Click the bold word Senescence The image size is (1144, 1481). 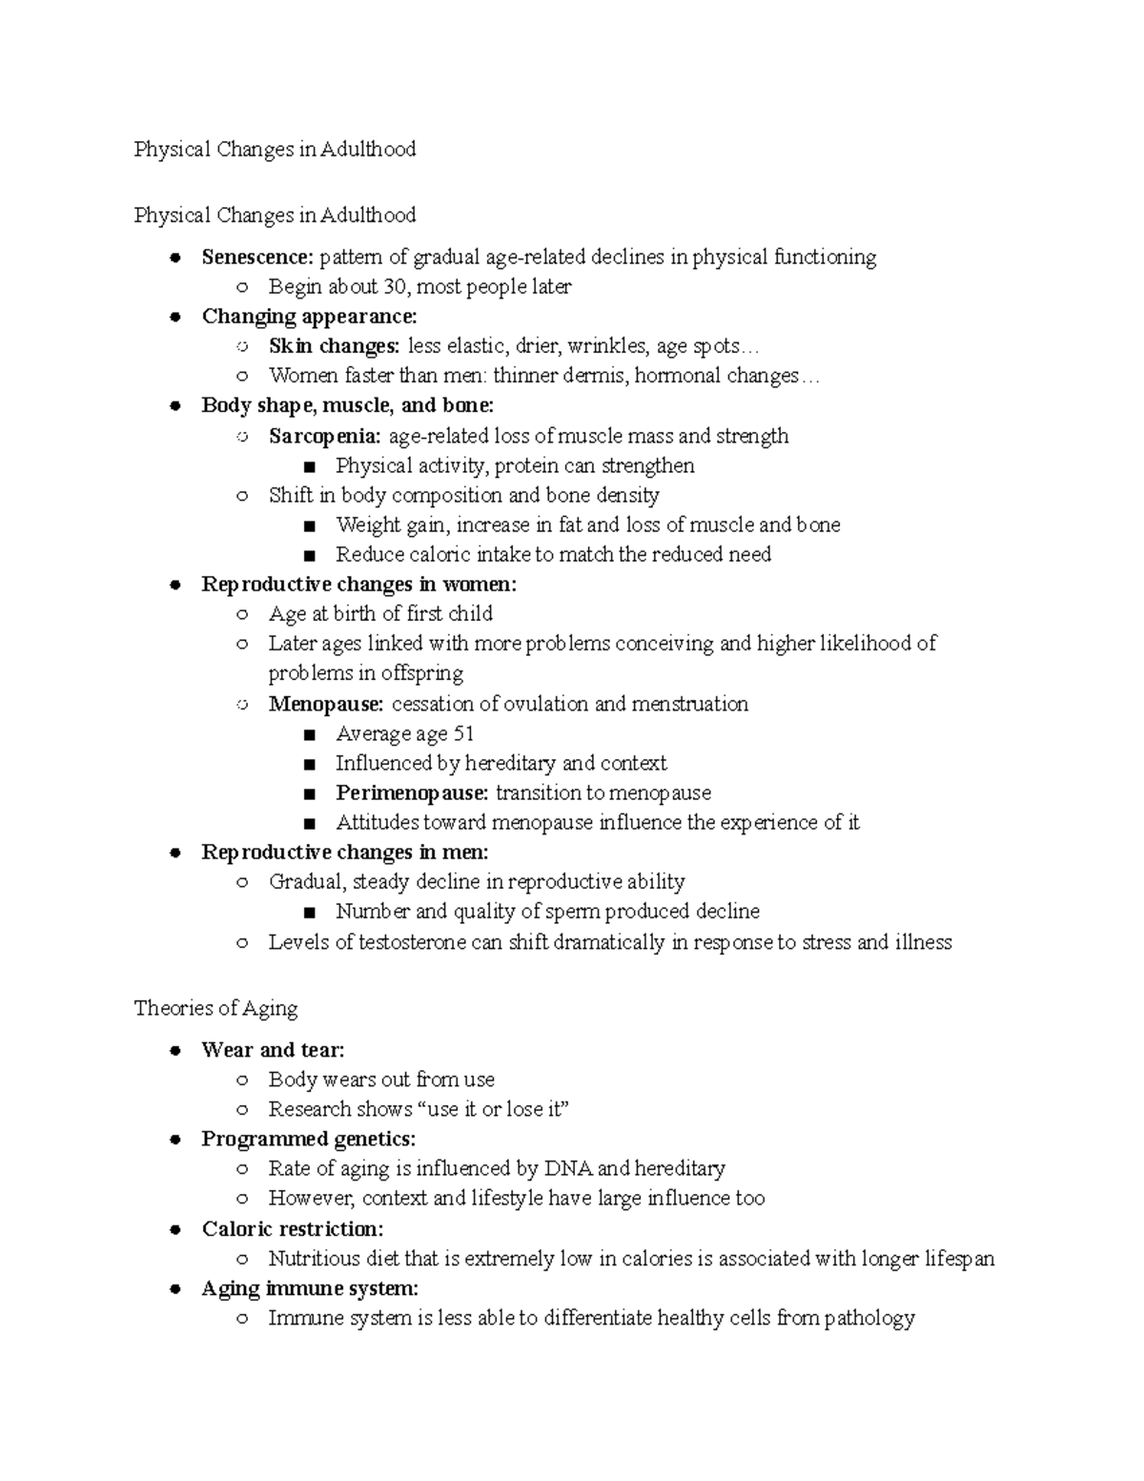(255, 257)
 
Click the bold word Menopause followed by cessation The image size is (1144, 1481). (325, 705)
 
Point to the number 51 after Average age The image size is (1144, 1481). (463, 734)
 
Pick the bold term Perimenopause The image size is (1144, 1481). (412, 793)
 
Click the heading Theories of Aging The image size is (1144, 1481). (216, 1009)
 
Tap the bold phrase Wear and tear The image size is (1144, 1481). (273, 1051)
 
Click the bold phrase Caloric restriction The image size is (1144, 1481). (292, 1229)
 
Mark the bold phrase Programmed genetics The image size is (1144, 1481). (308, 1140)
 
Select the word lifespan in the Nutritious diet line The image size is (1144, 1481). (959, 1260)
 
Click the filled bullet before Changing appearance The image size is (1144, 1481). (175, 318)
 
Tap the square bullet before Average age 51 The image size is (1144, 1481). (308, 735)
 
